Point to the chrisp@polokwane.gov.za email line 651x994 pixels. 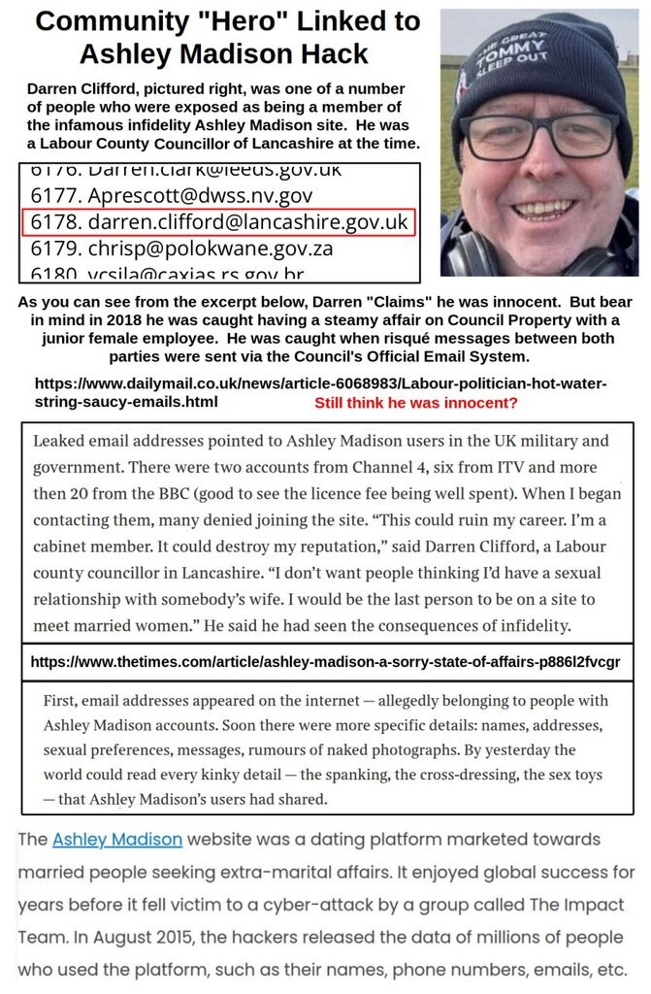180,248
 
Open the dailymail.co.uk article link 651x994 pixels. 320,392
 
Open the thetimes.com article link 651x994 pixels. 325,662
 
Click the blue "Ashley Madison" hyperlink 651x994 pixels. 117,839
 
